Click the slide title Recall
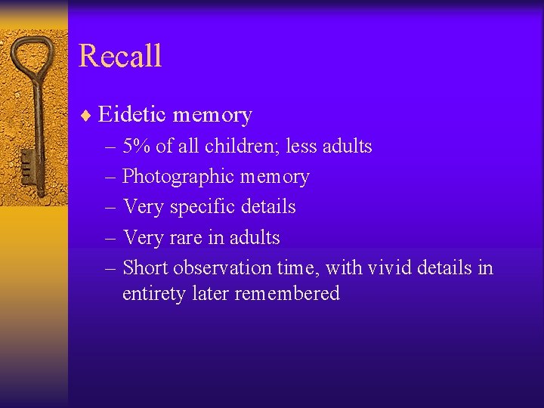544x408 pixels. pyautogui.click(x=119, y=56)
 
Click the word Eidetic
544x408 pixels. pyautogui.click(x=132, y=115)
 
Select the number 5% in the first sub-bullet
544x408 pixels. pyautogui.click(x=137, y=146)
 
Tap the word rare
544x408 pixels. pyautogui.click(x=185, y=237)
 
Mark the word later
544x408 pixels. pyautogui.click(x=209, y=293)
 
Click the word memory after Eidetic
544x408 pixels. pyautogui.click(x=212, y=115)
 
